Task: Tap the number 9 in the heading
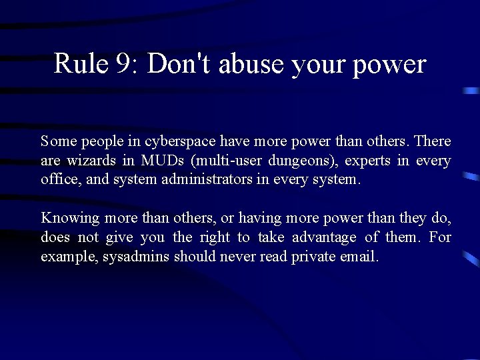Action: [x=124, y=64]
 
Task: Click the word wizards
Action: [x=90, y=161]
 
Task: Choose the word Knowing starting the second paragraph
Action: [x=70, y=219]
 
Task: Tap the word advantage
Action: [x=324, y=238]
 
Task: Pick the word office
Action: [x=59, y=180]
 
